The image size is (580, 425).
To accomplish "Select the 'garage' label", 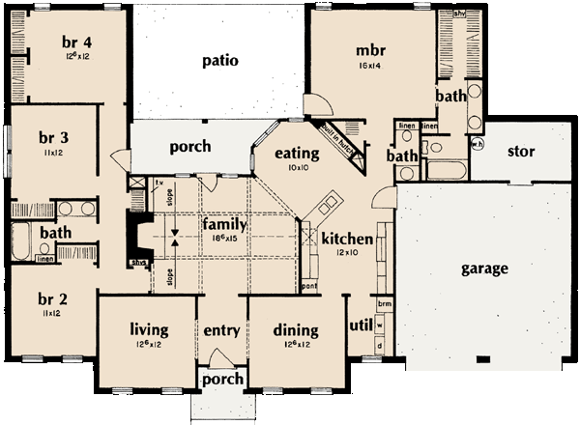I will [483, 268].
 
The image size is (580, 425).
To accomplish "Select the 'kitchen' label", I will [341, 239].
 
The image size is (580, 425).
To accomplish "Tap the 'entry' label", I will [221, 331].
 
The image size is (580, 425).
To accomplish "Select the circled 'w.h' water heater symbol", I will [477, 144].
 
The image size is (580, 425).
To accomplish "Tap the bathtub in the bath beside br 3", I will [21, 238].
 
